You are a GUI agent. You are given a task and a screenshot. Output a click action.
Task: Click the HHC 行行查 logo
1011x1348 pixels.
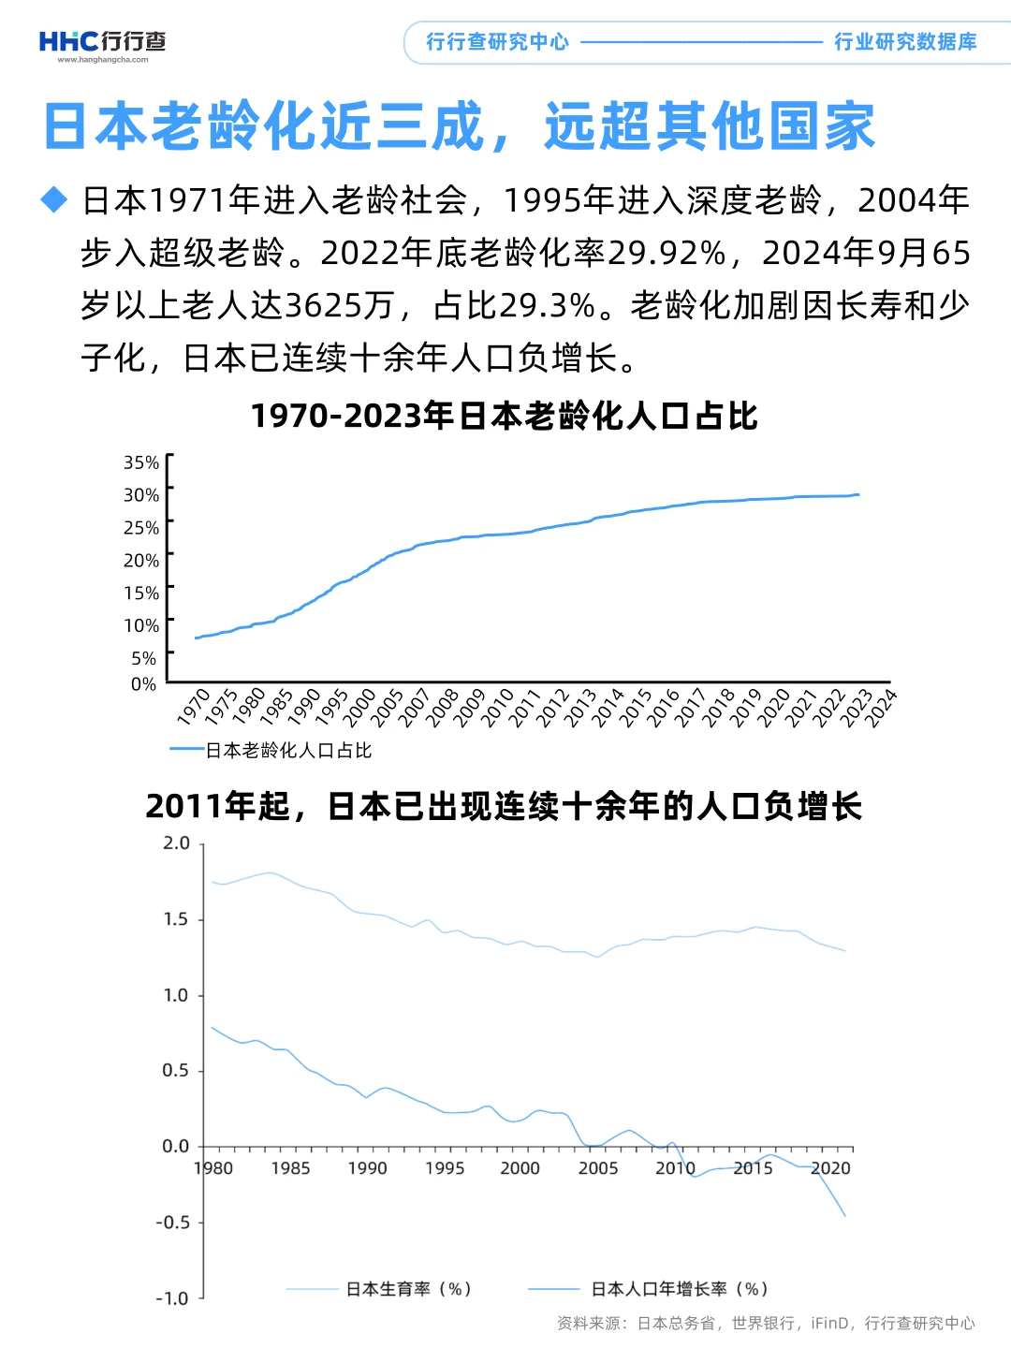tap(102, 43)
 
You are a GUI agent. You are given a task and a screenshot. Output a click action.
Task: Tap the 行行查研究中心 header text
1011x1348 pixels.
tap(497, 42)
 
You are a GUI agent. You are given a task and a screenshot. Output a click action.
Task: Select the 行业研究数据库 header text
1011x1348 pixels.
tap(905, 42)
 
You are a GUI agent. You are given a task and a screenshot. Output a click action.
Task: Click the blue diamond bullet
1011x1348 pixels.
tap(55, 199)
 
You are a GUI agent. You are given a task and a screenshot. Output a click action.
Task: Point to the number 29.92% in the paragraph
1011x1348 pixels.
tap(666, 253)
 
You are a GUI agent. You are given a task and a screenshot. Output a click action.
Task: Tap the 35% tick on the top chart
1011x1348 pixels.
tap(141, 462)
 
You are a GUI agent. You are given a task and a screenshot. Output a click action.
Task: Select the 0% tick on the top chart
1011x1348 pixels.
tap(143, 684)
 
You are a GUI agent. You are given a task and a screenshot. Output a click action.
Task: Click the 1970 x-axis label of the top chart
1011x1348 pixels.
tap(194, 707)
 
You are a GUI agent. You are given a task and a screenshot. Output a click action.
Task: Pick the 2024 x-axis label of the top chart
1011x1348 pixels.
tap(880, 708)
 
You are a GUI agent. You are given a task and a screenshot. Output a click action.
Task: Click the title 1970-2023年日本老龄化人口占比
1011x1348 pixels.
tap(504, 416)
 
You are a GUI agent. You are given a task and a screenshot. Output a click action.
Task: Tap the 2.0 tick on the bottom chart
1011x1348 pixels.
tap(176, 843)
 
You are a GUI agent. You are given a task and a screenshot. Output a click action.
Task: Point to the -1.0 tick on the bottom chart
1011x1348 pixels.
tap(172, 1298)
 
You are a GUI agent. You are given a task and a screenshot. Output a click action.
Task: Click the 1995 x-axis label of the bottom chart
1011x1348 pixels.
tap(445, 1168)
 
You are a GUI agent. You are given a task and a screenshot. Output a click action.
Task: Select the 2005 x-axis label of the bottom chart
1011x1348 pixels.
tap(598, 1168)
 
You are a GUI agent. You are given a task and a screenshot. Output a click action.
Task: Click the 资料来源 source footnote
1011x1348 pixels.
tap(766, 1323)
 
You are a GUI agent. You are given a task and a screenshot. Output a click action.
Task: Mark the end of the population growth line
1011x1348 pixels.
tap(845, 1216)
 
